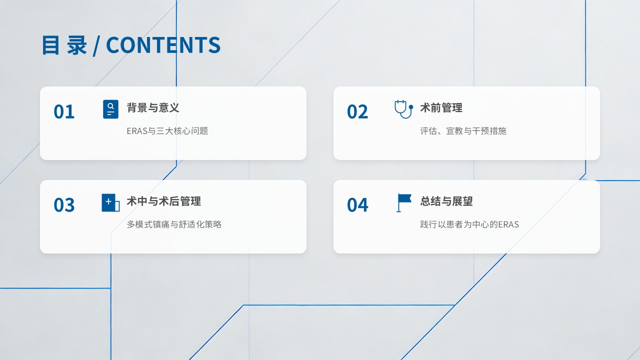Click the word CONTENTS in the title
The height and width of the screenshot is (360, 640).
163,45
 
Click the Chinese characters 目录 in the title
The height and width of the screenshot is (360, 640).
64,45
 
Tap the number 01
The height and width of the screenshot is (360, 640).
64,111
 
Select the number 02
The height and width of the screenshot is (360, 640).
357,111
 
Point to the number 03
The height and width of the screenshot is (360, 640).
64,205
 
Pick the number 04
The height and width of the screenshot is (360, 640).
357,205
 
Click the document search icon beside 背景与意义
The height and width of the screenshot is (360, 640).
110,109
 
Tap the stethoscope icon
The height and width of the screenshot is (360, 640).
403,109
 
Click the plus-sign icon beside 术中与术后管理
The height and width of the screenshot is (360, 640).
110,202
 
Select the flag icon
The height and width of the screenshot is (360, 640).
404,203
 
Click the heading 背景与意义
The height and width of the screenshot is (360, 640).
153,107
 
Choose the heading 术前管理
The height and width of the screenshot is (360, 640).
441,107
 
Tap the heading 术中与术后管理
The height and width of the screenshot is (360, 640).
163,201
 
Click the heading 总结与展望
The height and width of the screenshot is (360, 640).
446,201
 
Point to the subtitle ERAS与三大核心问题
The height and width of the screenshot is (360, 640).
167,131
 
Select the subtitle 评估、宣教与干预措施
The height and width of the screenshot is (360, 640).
463,131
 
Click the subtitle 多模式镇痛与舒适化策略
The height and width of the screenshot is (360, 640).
174,224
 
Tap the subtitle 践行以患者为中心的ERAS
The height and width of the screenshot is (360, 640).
469,224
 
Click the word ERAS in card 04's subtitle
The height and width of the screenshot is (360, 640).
508,224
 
